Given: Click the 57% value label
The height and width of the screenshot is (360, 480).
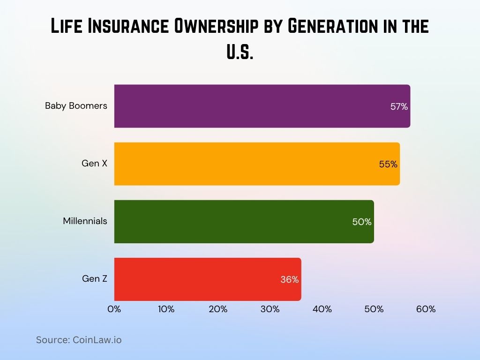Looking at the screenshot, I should [399, 106].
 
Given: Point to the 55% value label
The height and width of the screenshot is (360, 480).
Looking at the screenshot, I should [388, 164].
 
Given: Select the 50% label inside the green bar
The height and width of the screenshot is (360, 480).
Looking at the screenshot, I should [362, 222].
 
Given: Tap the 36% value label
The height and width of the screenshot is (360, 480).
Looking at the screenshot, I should [289, 279].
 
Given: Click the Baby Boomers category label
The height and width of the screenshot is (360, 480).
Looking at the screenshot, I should [76, 105].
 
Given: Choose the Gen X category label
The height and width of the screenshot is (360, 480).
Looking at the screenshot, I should [94, 164].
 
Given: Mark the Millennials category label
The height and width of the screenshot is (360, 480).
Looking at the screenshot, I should [85, 221].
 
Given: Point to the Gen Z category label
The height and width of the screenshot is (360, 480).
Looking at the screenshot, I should [95, 278].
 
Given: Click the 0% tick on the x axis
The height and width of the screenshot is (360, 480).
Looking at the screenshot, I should [114, 309].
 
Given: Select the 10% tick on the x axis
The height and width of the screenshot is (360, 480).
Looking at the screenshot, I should [166, 309].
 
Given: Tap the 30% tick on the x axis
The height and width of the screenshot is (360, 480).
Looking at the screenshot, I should [270, 309].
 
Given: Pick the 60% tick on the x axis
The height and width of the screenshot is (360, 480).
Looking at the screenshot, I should [426, 309].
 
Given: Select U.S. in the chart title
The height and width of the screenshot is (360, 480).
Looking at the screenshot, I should [240, 52].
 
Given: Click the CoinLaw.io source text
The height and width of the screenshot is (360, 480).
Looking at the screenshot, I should [97, 340].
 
